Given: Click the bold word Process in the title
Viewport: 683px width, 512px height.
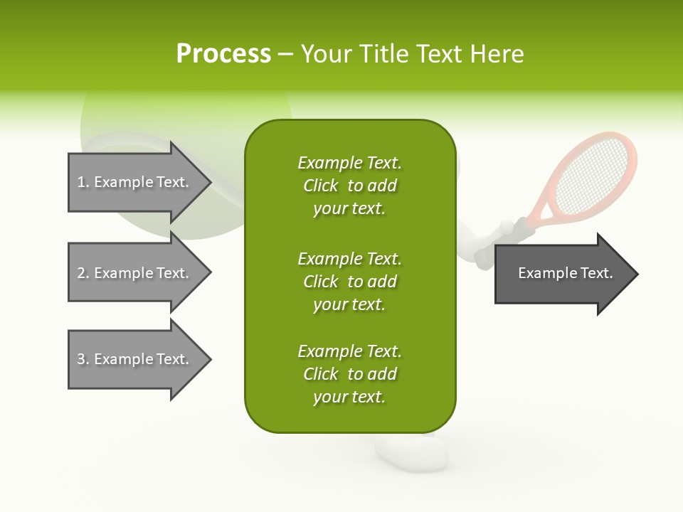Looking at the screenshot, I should [x=223, y=54].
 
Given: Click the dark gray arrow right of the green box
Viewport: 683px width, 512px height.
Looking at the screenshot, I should [x=562, y=274].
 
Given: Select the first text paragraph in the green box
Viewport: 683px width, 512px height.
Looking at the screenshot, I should [x=349, y=186].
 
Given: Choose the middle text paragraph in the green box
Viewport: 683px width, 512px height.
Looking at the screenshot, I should [x=349, y=282].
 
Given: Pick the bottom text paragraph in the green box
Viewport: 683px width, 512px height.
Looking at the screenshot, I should [x=349, y=374].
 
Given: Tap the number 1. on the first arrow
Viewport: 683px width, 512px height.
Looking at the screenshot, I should [x=83, y=182].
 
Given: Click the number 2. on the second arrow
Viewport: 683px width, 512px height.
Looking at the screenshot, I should [x=83, y=273].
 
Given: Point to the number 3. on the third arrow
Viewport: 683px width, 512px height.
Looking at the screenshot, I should [x=83, y=359].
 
